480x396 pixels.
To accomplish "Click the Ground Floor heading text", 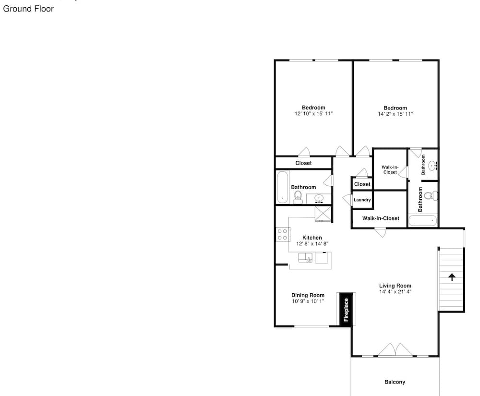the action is [28, 9].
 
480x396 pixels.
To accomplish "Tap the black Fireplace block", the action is [346, 310].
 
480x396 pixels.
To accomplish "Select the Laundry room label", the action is [362, 200].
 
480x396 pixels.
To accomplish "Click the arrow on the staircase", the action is [452, 277].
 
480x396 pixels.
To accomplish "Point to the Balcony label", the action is [395, 382].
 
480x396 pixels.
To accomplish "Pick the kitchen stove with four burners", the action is [283, 234].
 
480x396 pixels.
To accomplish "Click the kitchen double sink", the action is [305, 258].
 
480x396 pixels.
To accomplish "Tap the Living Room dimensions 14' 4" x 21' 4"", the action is [395, 292].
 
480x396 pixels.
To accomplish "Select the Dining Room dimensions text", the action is [308, 301].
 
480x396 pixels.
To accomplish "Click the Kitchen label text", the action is [312, 238].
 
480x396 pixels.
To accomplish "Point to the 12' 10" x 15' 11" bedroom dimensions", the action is [313, 114].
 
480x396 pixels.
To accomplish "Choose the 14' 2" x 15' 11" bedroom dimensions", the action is [395, 114].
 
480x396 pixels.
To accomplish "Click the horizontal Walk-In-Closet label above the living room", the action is [381, 218].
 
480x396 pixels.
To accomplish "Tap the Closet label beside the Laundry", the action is [362, 184].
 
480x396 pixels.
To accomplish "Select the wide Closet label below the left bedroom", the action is [303, 163].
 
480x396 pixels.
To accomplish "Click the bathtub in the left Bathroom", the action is [283, 187].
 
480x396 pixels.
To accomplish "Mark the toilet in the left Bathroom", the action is [298, 197].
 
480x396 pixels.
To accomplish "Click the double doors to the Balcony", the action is [395, 349].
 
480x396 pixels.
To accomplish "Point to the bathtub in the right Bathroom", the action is [423, 220].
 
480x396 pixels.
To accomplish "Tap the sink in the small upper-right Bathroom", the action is [433, 166].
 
